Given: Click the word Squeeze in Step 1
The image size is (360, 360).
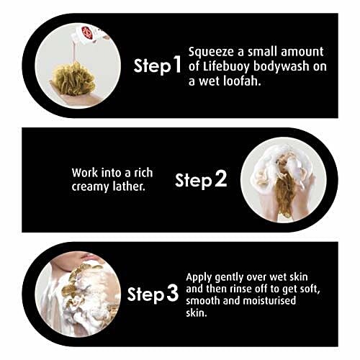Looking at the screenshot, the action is [x=211, y=53].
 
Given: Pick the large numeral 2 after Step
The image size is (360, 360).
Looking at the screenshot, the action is [x=220, y=179].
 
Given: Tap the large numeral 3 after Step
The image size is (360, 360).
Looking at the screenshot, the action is [x=173, y=293].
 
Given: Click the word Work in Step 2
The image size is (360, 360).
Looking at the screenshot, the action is [x=85, y=173].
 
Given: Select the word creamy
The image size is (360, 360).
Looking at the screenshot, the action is [x=90, y=187].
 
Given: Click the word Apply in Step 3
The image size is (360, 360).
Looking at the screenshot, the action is [x=199, y=278].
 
